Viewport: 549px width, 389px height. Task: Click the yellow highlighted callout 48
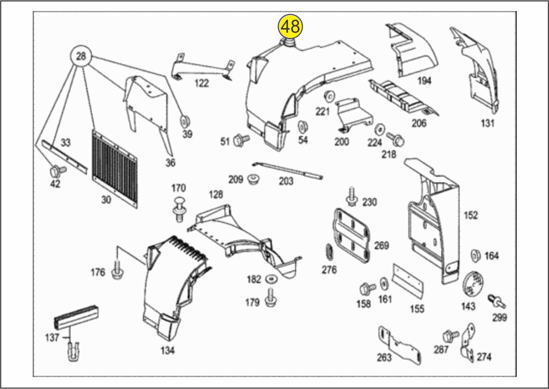pyautogui.click(x=290, y=26)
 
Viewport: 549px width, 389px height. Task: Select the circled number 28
pyautogui.click(x=81, y=57)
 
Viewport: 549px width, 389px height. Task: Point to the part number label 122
pyautogui.click(x=201, y=83)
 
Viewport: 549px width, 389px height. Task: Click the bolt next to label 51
pyautogui.click(x=241, y=140)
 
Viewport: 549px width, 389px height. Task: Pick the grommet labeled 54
pyautogui.click(x=303, y=126)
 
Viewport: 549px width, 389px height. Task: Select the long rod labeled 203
pyautogui.click(x=288, y=170)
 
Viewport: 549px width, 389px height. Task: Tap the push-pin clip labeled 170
pyautogui.click(x=178, y=209)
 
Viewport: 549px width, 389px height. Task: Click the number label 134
pyautogui.click(x=167, y=350)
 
